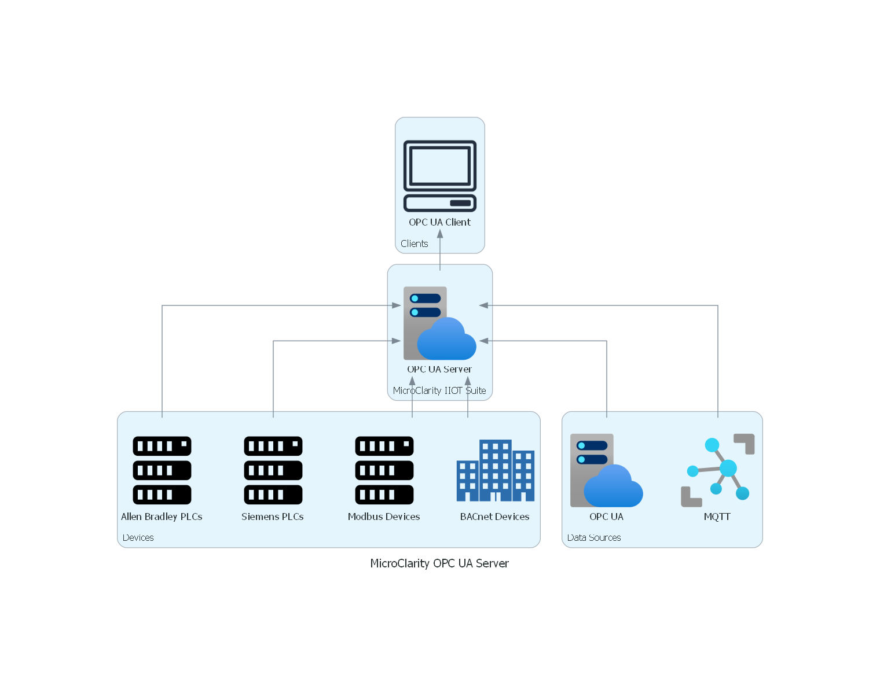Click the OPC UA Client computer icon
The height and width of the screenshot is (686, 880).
tap(440, 176)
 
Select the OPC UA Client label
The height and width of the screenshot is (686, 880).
tap(440, 222)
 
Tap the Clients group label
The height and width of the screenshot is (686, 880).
tap(415, 244)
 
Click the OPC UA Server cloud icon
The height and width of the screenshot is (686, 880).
tap(440, 323)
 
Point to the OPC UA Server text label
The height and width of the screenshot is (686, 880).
tap(439, 369)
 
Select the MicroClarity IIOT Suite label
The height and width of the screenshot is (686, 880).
tap(439, 390)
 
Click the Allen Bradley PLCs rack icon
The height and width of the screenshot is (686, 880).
tap(162, 470)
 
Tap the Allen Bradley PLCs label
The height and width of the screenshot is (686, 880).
tap(162, 517)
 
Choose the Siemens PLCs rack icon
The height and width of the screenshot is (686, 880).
tap(273, 470)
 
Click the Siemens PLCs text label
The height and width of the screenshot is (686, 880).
tap(273, 517)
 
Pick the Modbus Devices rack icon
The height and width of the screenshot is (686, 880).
tap(384, 470)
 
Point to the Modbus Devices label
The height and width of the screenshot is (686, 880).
tap(384, 517)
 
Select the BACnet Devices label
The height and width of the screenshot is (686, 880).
tap(495, 517)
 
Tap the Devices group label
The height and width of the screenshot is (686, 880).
tap(138, 537)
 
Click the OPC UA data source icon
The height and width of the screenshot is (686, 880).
tap(607, 470)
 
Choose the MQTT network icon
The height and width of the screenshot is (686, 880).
tap(718, 470)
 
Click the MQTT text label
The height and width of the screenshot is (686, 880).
tap(717, 517)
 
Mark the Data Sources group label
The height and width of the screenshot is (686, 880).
tap(594, 537)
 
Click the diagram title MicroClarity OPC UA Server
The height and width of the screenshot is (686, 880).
tap(439, 563)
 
